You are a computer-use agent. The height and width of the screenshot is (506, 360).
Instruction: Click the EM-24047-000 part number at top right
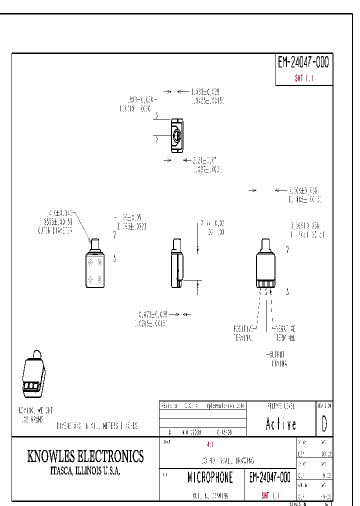click(x=303, y=62)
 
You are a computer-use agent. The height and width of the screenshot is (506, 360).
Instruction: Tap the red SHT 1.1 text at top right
click(x=303, y=78)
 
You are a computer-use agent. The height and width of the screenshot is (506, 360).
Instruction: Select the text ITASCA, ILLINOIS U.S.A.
click(x=85, y=471)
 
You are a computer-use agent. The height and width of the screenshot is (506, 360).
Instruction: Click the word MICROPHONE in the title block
click(x=210, y=478)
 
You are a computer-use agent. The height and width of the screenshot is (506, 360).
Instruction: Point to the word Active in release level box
click(x=281, y=424)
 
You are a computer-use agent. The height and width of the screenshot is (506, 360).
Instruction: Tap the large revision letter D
click(x=324, y=424)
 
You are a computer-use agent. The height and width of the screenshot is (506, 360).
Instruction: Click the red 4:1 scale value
click(x=209, y=444)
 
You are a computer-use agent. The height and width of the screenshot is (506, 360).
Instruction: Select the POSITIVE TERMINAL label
click(x=244, y=333)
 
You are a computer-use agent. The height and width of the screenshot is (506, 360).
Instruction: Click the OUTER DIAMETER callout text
click(x=55, y=231)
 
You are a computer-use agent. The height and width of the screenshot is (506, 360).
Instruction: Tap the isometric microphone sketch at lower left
click(x=34, y=373)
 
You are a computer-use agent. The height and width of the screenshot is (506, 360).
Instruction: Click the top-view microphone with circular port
click(x=176, y=135)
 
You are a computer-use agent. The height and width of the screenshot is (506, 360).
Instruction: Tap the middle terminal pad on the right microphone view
click(x=265, y=284)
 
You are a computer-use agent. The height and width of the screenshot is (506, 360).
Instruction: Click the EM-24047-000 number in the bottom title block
click(x=269, y=478)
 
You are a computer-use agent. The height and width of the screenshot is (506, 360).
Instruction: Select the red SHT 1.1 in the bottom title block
click(x=270, y=495)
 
